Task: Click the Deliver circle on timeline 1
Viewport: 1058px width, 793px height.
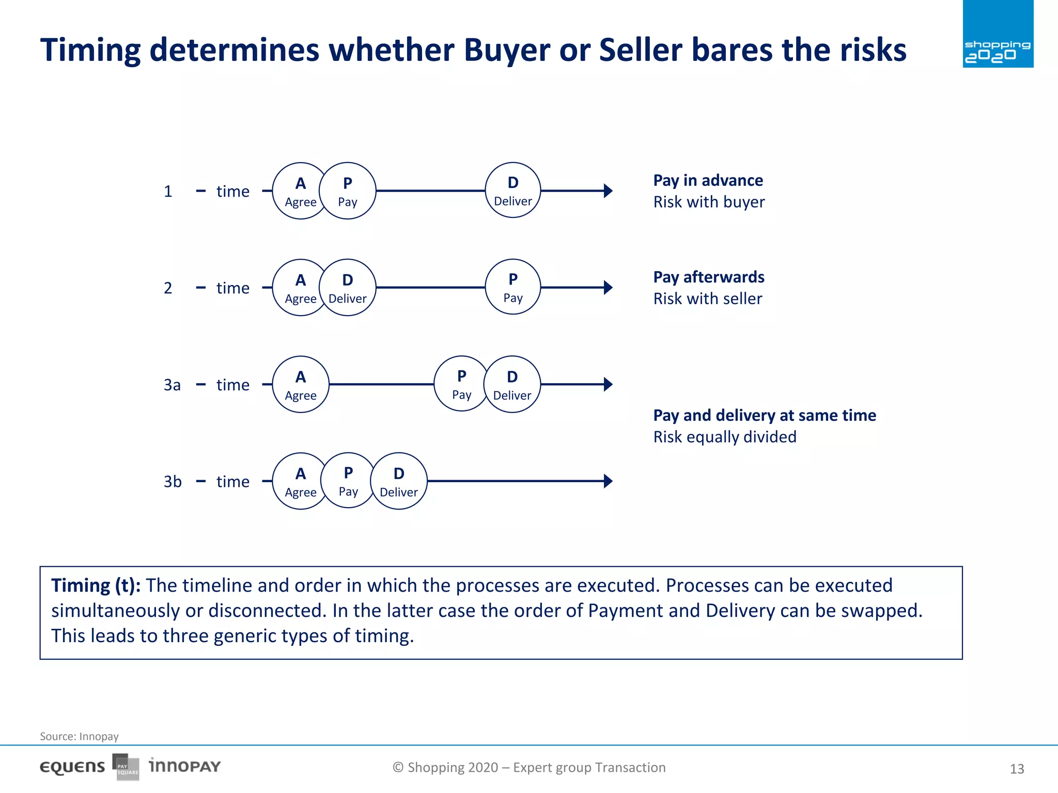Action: click(512, 191)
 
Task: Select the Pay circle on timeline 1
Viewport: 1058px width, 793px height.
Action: click(348, 191)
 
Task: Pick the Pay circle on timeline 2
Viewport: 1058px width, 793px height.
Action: click(512, 287)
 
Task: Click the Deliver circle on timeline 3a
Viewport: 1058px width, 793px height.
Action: click(512, 384)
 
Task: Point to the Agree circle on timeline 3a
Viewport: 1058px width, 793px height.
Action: click(301, 384)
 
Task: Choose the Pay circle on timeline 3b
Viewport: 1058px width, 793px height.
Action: click(348, 481)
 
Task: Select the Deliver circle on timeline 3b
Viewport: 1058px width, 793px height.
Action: click(399, 481)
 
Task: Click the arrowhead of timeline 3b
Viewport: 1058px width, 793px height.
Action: click(608, 481)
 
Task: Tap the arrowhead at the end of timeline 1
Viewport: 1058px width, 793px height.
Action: click(608, 191)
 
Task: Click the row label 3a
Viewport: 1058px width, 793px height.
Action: click(172, 385)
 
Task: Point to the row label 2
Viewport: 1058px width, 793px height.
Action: click(168, 288)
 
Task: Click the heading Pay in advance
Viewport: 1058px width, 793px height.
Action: click(708, 180)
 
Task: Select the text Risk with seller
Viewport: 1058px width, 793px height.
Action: click(707, 298)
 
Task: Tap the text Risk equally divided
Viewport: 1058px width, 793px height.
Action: click(724, 437)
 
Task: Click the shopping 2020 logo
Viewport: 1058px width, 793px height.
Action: click(998, 34)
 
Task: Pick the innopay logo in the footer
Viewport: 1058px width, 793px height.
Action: click(184, 766)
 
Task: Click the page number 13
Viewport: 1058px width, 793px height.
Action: click(1016, 769)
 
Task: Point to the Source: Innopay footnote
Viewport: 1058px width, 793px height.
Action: click(79, 736)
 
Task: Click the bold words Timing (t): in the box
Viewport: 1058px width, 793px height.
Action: click(96, 585)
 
